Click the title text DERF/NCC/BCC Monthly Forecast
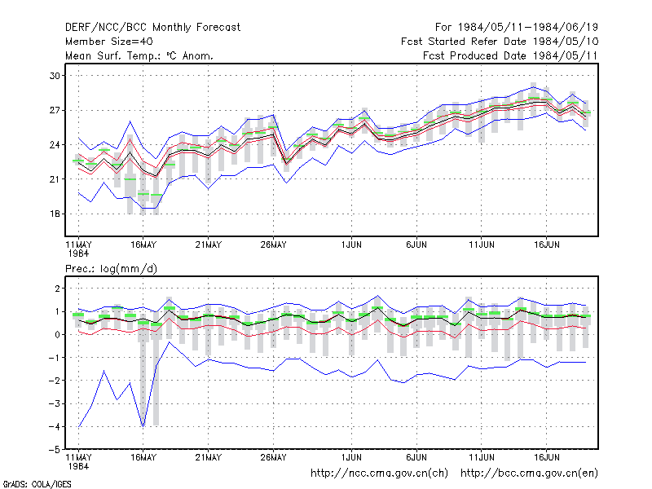click(152, 28)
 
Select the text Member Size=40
click(109, 42)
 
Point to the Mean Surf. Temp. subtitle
click(139, 55)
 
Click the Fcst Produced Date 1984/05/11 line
click(510, 55)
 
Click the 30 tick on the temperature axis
click(55, 76)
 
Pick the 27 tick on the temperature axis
click(55, 110)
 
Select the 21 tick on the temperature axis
click(55, 179)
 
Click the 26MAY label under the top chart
click(273, 245)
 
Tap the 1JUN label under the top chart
click(351, 245)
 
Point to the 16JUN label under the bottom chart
click(546, 457)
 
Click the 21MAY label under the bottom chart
click(209, 457)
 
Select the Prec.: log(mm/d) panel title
click(111, 269)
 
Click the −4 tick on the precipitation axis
click(55, 426)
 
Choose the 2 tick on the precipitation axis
click(57, 289)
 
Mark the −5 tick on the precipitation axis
click(55, 450)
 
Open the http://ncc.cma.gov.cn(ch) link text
click(379, 474)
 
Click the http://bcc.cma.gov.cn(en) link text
click(529, 474)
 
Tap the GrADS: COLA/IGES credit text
click(37, 484)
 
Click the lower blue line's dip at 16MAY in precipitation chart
click(143, 426)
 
